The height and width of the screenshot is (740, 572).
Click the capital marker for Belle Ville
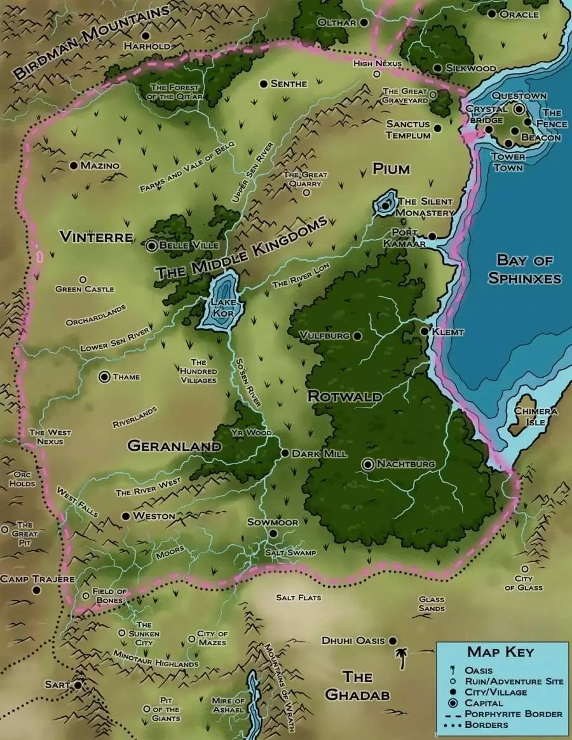152,245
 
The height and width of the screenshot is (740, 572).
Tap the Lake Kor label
219,308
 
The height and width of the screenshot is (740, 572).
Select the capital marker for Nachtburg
367,465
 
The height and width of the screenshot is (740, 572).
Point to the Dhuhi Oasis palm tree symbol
402,659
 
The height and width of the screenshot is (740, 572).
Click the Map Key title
500,652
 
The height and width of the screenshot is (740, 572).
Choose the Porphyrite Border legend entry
513,714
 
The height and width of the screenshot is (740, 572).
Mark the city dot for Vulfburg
357,336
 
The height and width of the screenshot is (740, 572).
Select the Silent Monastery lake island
385,205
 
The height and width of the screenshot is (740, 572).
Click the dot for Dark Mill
285,454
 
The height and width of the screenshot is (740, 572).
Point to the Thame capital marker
104,377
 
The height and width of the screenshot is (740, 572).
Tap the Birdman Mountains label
92,41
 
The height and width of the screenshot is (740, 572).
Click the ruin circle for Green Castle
82,279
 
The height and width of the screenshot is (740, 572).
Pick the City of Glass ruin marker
524,569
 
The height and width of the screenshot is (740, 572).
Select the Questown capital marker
519,109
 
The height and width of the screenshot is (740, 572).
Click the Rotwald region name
345,397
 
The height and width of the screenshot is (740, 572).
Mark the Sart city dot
78,685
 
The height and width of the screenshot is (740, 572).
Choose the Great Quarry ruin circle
306,192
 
